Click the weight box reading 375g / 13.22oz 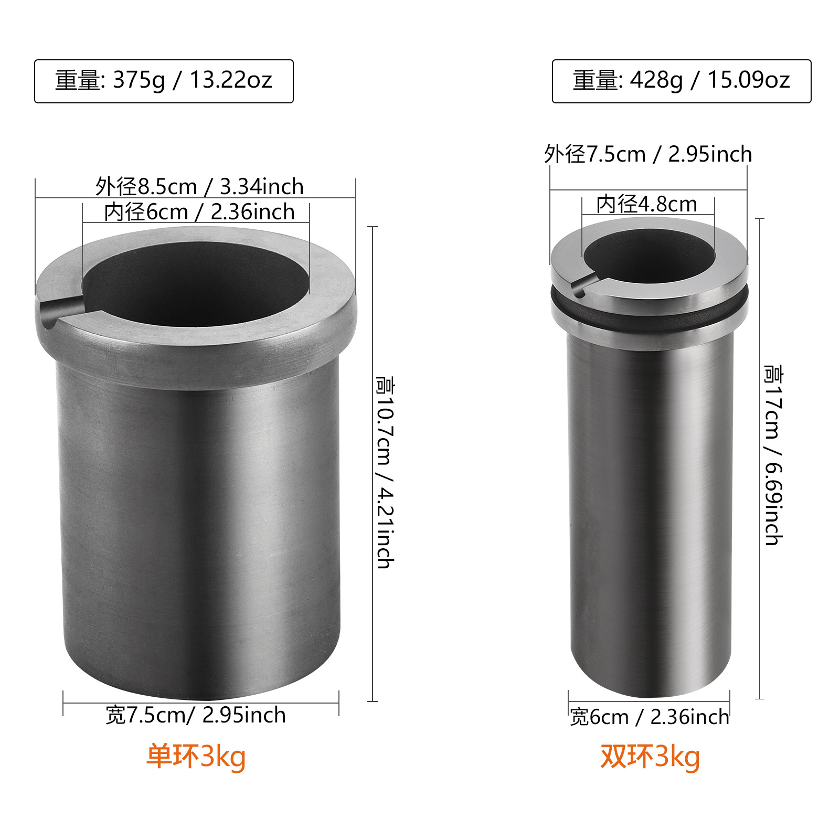[164, 81]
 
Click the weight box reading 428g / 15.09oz [681, 81]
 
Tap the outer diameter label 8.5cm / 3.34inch [199, 187]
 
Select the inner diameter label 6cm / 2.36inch [199, 212]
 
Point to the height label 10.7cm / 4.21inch [386, 472]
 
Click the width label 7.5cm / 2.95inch [196, 715]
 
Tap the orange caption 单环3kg [196, 757]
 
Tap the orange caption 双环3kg [650, 757]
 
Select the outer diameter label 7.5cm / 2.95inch [648, 154]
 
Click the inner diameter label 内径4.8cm [647, 204]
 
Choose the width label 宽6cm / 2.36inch [650, 717]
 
